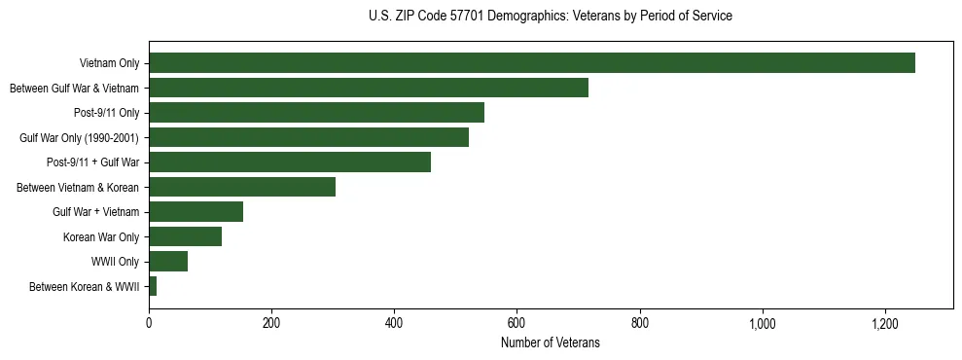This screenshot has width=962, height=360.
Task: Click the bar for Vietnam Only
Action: (531, 63)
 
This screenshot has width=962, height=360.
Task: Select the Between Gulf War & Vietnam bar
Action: (368, 88)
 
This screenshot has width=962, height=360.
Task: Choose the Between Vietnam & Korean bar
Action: (241, 187)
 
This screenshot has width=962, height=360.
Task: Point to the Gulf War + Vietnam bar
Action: (196, 212)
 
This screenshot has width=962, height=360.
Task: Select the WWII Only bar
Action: (167, 262)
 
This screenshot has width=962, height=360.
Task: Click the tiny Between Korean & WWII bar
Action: (153, 286)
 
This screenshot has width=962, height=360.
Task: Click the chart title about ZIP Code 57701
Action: (551, 17)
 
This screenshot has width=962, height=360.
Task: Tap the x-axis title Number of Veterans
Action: (551, 343)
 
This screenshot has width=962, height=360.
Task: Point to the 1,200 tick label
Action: (885, 322)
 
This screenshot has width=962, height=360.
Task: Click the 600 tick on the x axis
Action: (517, 322)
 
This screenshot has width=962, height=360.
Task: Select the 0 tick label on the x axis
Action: (149, 322)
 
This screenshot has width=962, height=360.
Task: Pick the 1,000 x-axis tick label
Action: (763, 322)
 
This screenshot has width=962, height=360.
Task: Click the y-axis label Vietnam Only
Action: (109, 64)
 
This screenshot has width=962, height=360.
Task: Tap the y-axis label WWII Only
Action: (115, 262)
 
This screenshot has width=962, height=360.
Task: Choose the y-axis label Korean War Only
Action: (101, 237)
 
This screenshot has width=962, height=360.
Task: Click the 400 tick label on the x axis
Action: (394, 322)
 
